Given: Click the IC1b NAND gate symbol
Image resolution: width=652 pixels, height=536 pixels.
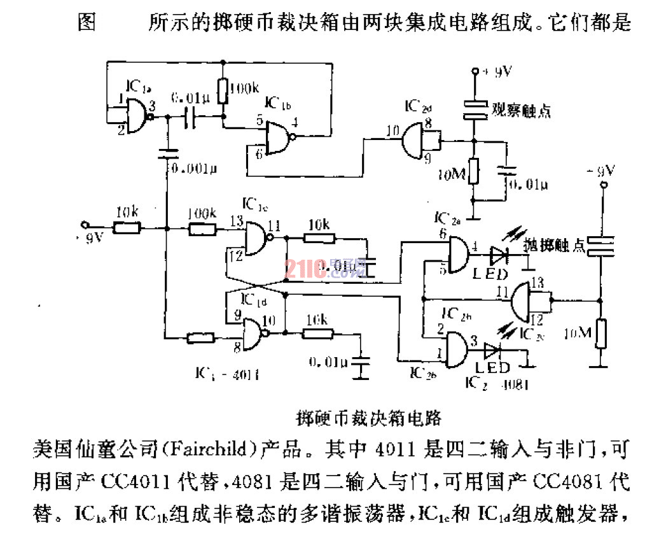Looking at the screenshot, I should point(278,138).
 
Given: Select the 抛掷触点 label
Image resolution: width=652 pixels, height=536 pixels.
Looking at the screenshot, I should point(553,245).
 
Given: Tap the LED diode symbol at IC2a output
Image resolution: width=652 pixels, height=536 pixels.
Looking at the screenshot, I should point(497,256).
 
